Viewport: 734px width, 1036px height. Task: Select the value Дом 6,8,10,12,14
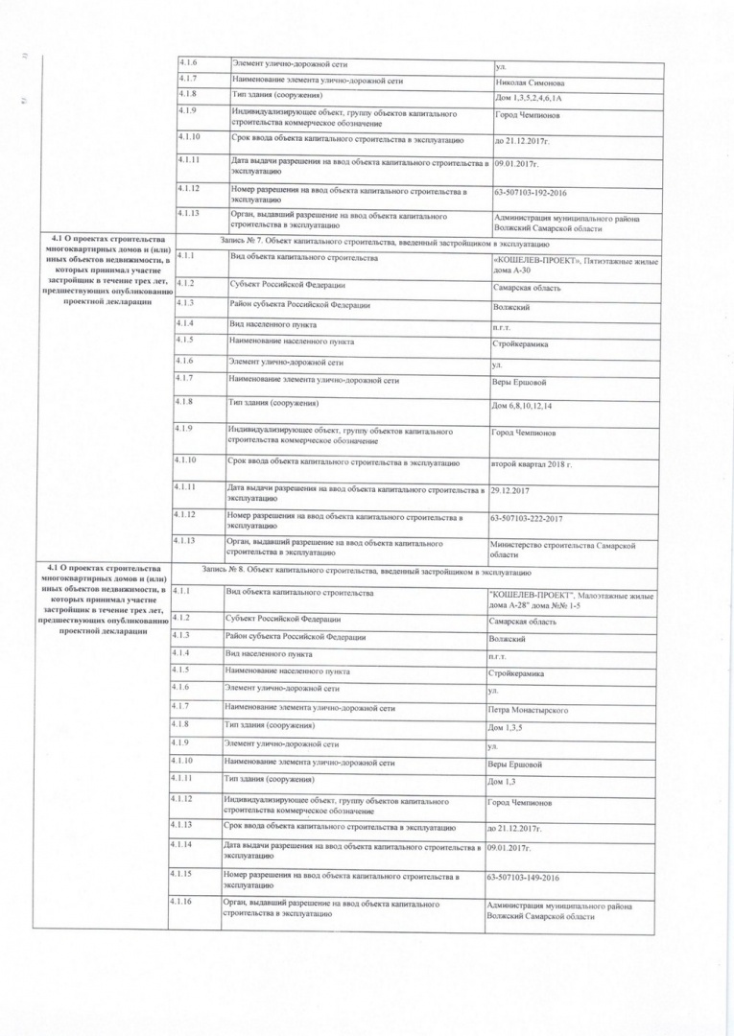click(522, 406)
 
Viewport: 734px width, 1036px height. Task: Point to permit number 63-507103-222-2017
click(538, 519)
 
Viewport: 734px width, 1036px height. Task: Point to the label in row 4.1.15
click(341, 881)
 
